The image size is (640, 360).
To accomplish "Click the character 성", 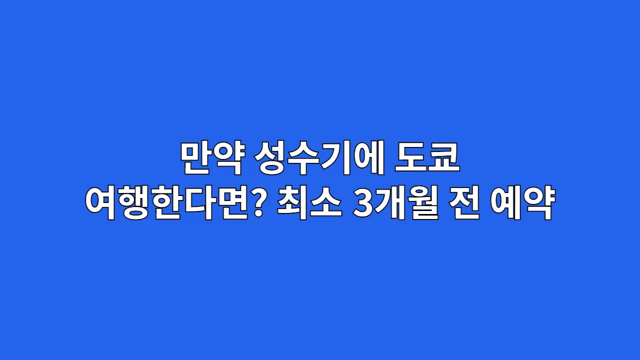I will [270, 159].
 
